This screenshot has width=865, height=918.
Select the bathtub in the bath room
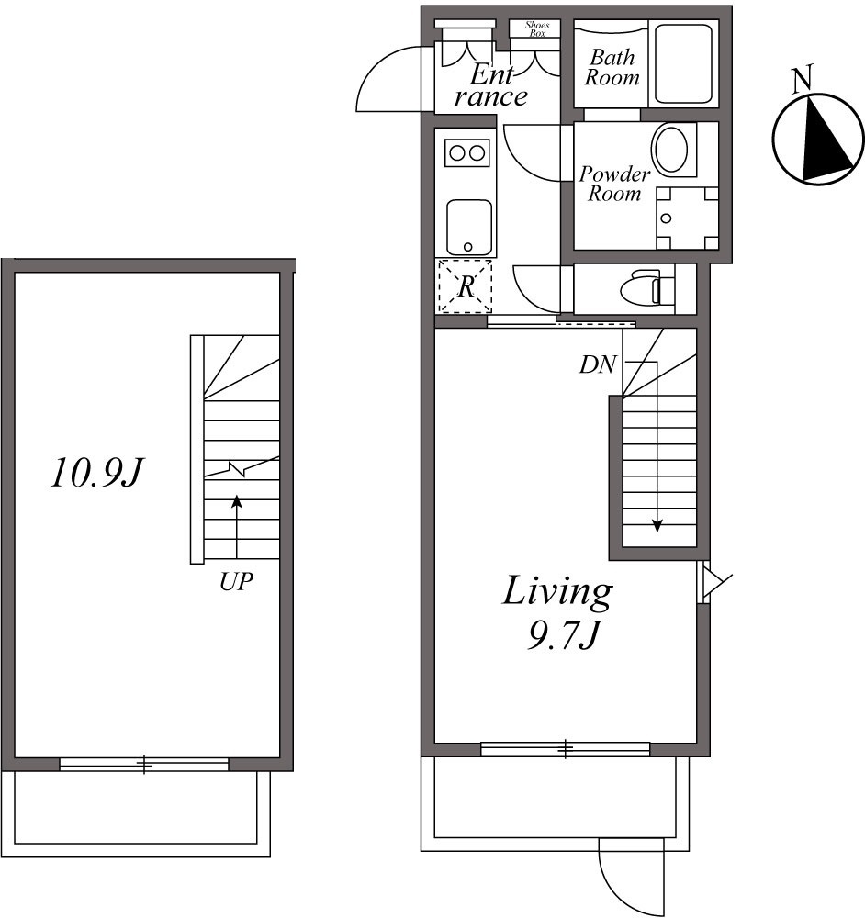(682, 64)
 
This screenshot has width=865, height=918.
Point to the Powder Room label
(614, 184)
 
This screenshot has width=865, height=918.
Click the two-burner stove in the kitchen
(466, 152)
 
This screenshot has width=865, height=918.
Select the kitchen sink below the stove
(468, 227)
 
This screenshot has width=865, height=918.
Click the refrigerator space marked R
(466, 286)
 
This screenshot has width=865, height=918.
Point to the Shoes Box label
(536, 28)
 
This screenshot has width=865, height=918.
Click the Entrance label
(494, 84)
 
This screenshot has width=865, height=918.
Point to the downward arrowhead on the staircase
(657, 525)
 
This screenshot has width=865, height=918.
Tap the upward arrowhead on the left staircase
(237, 501)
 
